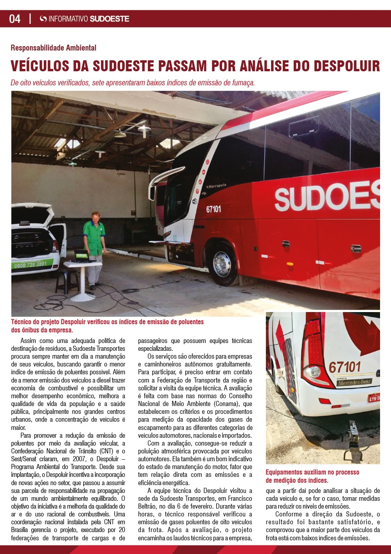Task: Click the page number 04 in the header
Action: [x=15, y=19]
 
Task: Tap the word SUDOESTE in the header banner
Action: [x=109, y=19]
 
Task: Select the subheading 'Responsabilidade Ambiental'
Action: [x=54, y=48]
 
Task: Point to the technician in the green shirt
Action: [x=94, y=243]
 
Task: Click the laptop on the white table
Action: [x=83, y=256]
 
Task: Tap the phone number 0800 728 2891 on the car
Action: [x=30, y=264]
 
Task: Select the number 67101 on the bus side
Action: [x=213, y=209]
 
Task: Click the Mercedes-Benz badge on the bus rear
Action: [x=354, y=383]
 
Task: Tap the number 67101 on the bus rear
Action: [x=344, y=367]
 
